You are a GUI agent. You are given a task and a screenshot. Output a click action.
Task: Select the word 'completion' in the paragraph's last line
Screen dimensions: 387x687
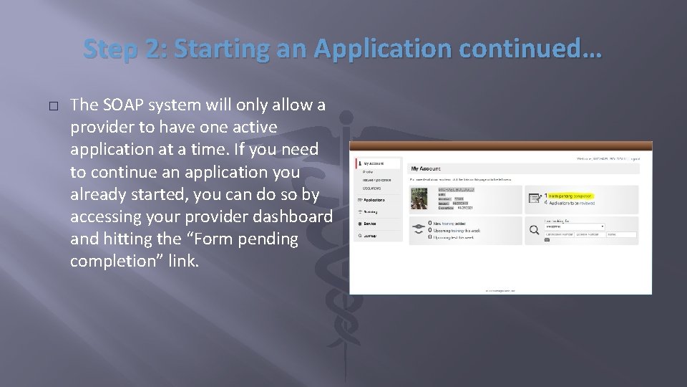click(x=117, y=262)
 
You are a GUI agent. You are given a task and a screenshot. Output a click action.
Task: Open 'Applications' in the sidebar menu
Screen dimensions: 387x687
click(x=374, y=200)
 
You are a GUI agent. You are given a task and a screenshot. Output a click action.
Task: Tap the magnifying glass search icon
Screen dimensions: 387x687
click(x=533, y=229)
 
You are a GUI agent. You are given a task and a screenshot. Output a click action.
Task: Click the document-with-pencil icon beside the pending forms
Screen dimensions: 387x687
click(x=533, y=199)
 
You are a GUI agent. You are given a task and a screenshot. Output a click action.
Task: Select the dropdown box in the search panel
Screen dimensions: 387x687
click(x=575, y=226)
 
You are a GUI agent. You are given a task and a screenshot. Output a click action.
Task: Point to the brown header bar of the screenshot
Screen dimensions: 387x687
click(x=502, y=146)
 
